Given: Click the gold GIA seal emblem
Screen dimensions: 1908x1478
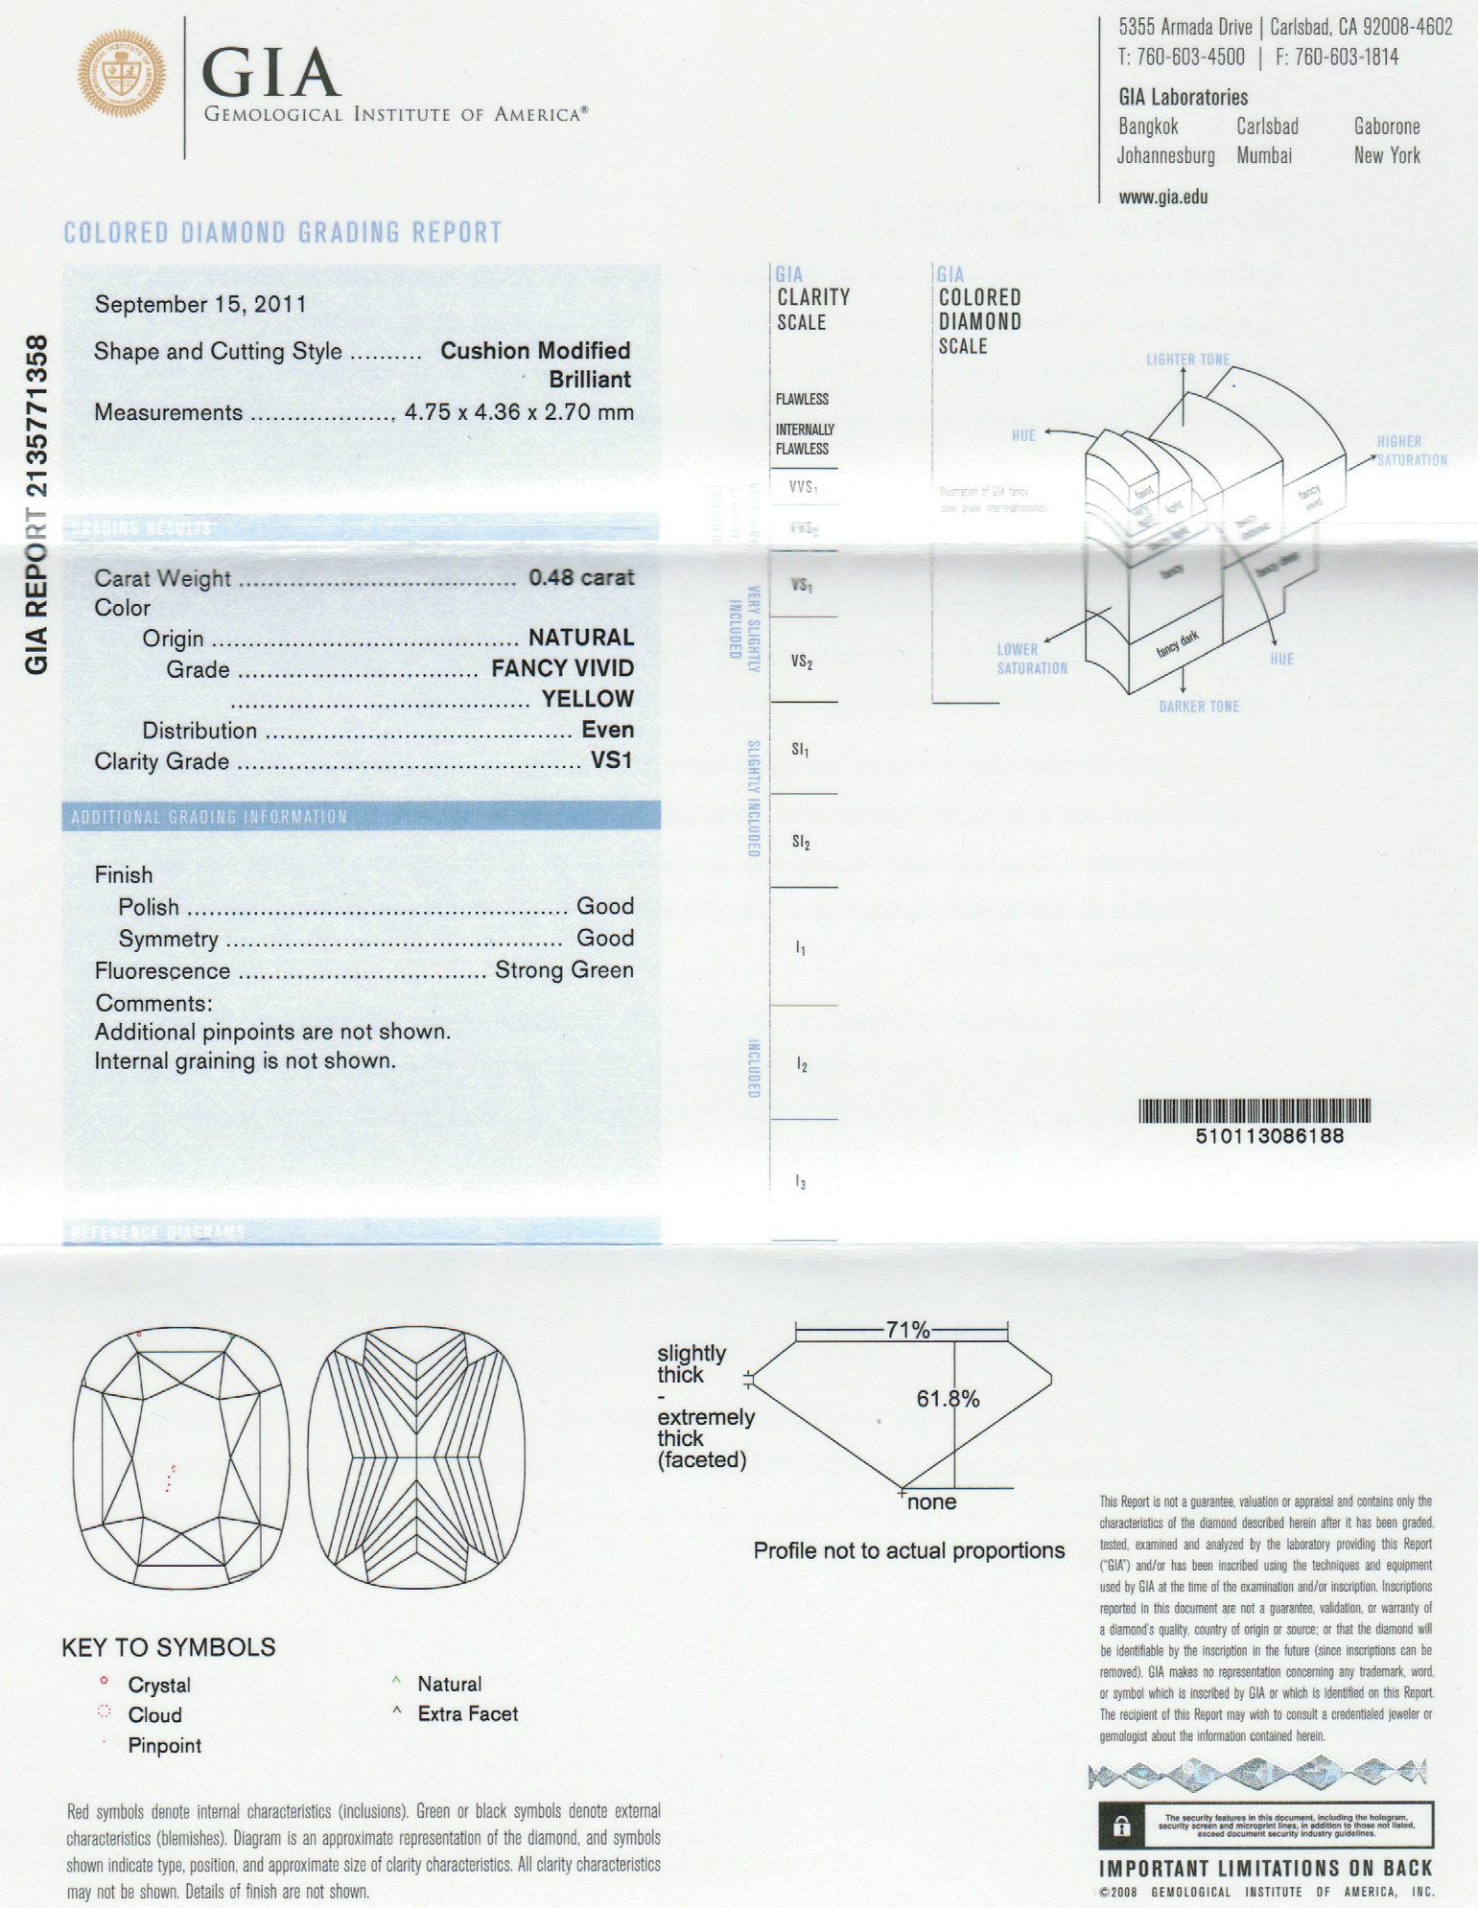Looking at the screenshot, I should tap(121, 74).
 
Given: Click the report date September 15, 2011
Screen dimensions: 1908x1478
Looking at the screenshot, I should tap(200, 305).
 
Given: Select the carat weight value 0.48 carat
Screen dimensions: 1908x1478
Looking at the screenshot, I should tap(581, 577).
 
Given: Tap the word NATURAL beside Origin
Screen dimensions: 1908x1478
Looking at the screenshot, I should tap(580, 638).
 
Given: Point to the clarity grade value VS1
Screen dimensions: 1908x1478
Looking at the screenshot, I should tap(611, 760).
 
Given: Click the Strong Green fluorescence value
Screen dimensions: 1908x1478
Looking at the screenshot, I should tap(564, 970).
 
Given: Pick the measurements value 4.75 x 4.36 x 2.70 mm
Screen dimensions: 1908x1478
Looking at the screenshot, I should tap(519, 412).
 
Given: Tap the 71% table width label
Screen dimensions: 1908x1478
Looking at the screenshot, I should tap(907, 1330).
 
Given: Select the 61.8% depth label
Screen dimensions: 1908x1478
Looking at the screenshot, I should tap(948, 1399).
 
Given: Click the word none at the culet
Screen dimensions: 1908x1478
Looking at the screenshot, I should tap(931, 1502).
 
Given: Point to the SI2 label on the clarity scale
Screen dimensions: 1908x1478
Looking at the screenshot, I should tap(801, 843).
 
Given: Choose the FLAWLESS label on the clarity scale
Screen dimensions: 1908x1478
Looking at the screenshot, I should tap(802, 399).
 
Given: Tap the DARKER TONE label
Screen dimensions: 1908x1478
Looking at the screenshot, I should tap(1199, 707).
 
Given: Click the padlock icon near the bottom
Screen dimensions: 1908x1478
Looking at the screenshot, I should tap(1121, 1827).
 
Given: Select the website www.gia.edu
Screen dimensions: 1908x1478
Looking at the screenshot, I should tap(1162, 198).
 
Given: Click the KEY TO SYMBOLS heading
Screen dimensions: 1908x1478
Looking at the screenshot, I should tap(169, 1647).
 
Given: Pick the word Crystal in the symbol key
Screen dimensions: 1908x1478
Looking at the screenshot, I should tap(159, 1685).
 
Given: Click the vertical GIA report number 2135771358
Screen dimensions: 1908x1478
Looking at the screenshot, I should tap(36, 503).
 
